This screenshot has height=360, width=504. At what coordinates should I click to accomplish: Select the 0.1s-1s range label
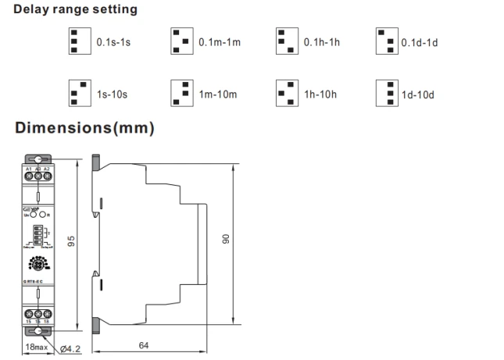(x=113, y=42)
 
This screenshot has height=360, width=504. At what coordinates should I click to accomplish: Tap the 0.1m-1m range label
(x=220, y=42)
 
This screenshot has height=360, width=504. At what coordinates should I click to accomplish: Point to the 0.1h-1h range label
(x=322, y=42)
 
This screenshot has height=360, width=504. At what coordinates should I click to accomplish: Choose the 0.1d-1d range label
(x=420, y=42)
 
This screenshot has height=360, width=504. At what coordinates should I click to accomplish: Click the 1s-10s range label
(x=113, y=94)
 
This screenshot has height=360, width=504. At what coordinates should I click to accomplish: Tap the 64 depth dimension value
(x=144, y=344)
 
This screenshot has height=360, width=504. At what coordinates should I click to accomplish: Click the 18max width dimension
(x=35, y=344)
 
